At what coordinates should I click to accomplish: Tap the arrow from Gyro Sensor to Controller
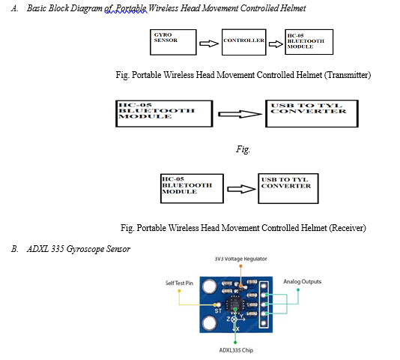209,43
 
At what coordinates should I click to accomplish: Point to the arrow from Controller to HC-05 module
276,44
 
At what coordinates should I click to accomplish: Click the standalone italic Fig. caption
243,149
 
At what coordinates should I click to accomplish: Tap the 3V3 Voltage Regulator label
240,259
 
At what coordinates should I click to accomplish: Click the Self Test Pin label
179,283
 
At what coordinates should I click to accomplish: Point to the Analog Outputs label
303,281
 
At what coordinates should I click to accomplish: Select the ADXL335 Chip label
236,350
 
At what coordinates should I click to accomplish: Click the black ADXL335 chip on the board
234,304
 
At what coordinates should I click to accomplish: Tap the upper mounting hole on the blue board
210,286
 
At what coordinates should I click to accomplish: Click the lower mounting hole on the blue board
210,323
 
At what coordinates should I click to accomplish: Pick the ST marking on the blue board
218,311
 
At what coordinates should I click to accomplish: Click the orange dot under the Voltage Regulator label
240,266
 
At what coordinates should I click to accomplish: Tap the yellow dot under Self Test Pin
179,291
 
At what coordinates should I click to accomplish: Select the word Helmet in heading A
293,8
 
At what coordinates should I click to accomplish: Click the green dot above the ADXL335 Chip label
235,342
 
